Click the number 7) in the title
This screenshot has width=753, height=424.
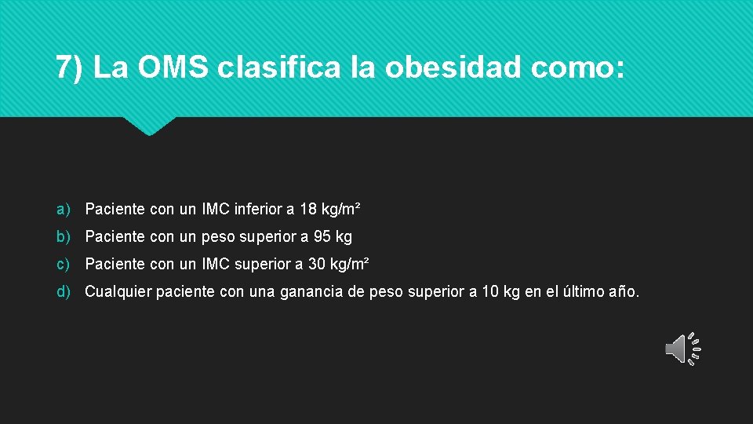pyautogui.click(x=69, y=68)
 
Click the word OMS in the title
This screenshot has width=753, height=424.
pyautogui.click(x=173, y=68)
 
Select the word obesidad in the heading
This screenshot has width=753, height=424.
pyautogui.click(x=453, y=68)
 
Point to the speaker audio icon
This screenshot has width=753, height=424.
pyautogui.click(x=682, y=348)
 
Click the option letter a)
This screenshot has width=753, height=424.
pyautogui.click(x=64, y=210)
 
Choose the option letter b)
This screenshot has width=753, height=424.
pyautogui.click(x=64, y=236)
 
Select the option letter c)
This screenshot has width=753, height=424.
pyautogui.click(x=64, y=264)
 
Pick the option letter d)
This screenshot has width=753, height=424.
pyautogui.click(x=64, y=292)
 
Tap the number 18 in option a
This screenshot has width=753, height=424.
pyautogui.click(x=308, y=210)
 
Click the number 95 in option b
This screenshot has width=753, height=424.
pyautogui.click(x=323, y=236)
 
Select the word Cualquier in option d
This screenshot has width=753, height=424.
pyautogui.click(x=118, y=292)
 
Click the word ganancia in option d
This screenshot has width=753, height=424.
pyautogui.click(x=314, y=292)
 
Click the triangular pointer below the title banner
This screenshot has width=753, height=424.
pyautogui.click(x=149, y=126)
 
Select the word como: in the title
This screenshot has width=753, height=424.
pyautogui.click(x=577, y=68)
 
